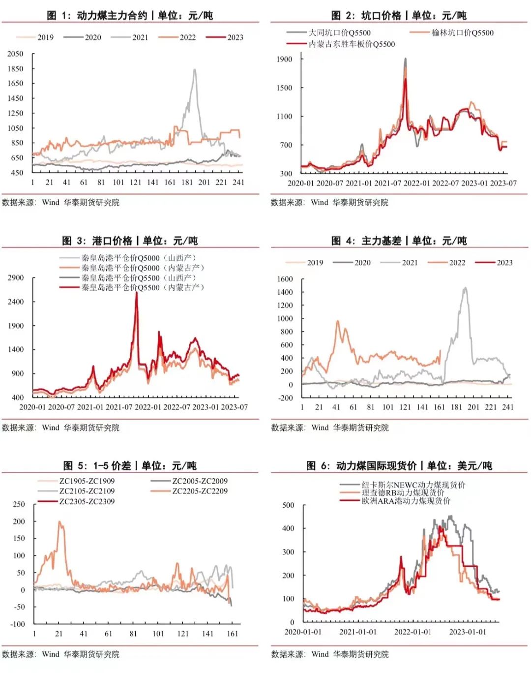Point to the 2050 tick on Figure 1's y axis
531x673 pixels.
[x=15, y=54]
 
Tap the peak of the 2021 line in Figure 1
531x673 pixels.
[x=195, y=70]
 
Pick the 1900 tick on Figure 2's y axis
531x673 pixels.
[x=284, y=59]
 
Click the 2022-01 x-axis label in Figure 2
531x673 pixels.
[x=417, y=183]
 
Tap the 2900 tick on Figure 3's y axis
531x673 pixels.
[x=16, y=277]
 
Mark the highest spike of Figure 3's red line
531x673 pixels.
[x=136, y=293]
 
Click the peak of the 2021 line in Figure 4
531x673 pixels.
[x=465, y=288]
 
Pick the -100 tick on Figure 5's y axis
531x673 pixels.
[x=18, y=624]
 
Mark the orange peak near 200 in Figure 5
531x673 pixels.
[x=60, y=522]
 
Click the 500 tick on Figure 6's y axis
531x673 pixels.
[x=288, y=505]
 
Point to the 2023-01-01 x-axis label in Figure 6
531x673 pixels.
[x=467, y=632]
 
